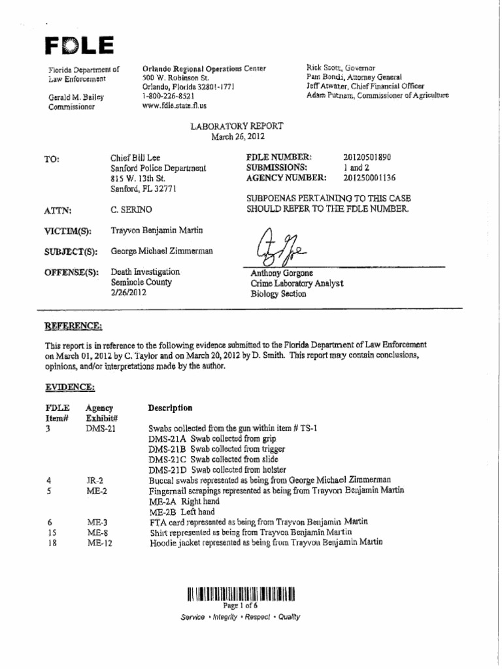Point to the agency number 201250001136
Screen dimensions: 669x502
point(369,178)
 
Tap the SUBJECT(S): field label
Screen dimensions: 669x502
point(71,252)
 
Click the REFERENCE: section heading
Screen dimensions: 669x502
point(73,325)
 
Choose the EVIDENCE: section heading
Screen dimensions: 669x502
point(69,387)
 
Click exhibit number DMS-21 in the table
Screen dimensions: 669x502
point(101,429)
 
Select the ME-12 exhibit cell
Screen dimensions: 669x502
point(99,542)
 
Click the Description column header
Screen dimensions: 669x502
point(170,408)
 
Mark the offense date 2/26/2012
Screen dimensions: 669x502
point(129,293)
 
